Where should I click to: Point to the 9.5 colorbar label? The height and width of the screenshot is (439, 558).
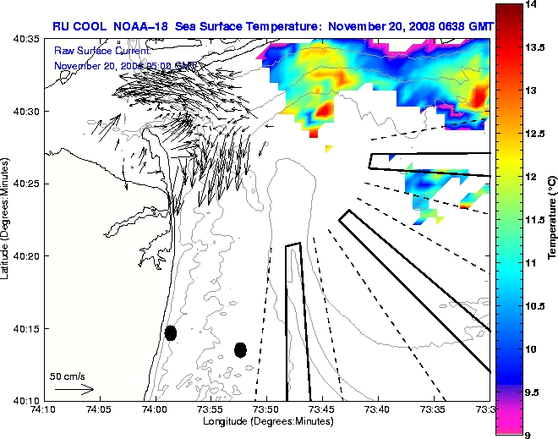534,392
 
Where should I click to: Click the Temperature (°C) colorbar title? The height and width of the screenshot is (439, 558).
551,219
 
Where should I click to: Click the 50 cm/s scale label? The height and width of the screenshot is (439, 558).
68,376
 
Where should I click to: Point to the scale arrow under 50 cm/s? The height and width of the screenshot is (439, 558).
74,389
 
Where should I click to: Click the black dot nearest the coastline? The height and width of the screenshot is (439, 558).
171,332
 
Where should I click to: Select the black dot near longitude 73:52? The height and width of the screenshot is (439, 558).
240,349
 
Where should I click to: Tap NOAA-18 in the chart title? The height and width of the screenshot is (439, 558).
136,26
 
